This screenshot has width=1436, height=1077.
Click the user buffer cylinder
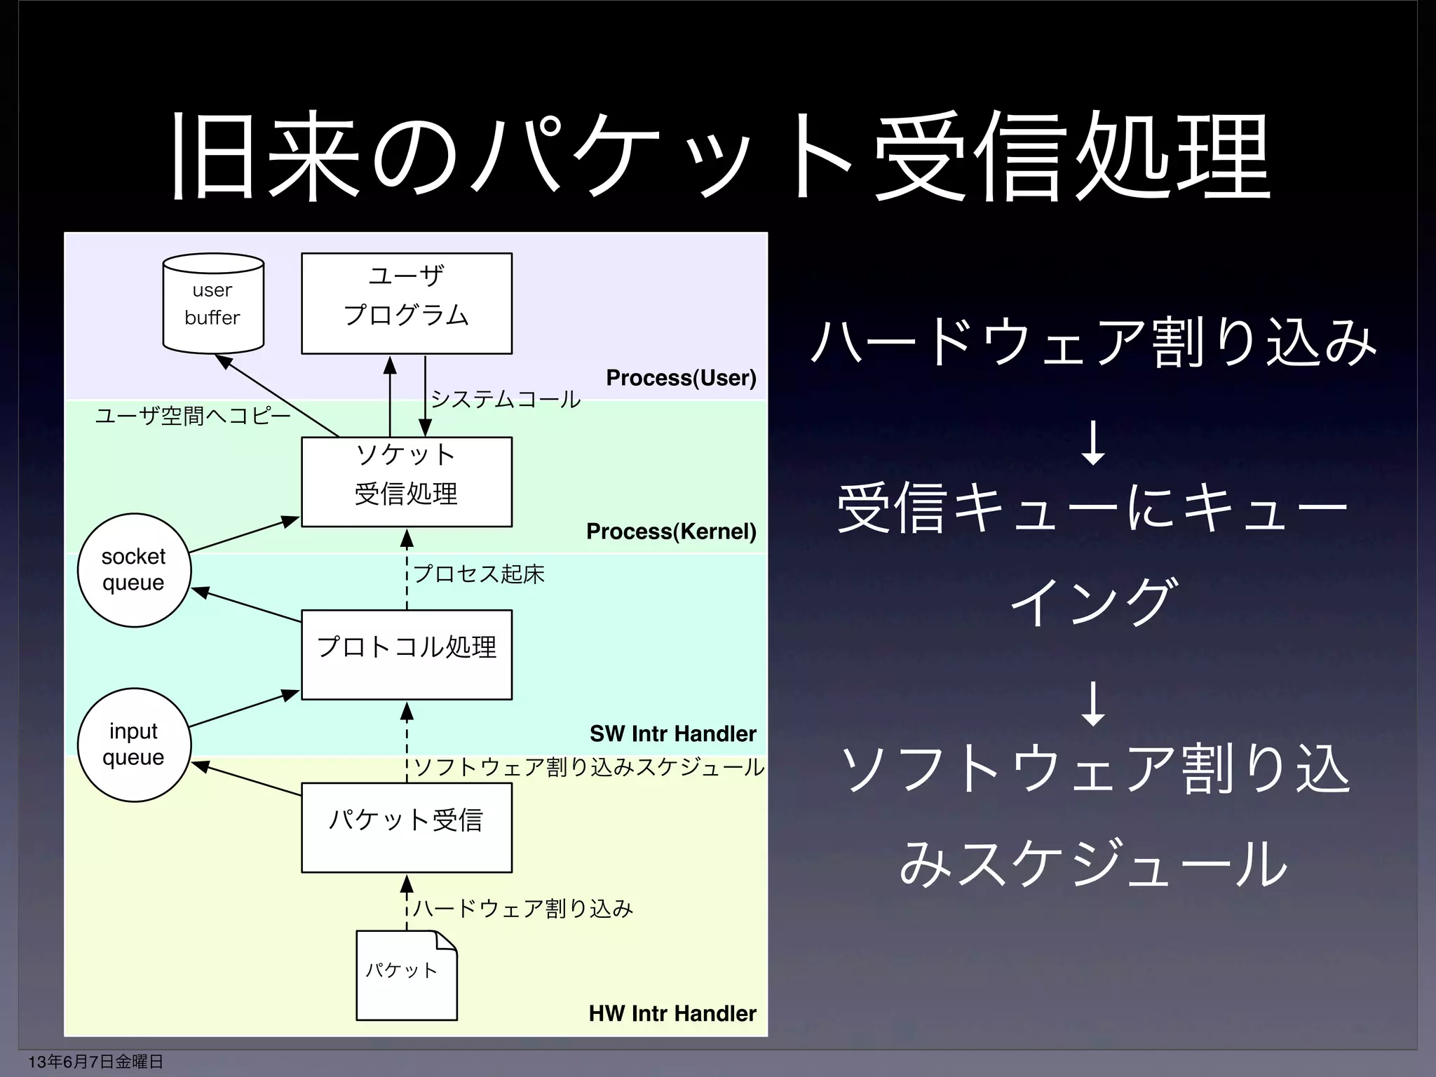[213, 304]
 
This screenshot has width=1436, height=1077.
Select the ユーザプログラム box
[407, 304]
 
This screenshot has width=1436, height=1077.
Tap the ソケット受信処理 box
[407, 482]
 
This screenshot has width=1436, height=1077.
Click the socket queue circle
[133, 569]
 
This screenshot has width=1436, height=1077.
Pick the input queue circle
[133, 744]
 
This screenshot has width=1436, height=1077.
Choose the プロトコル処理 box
[407, 654]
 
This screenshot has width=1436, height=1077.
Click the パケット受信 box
[407, 827]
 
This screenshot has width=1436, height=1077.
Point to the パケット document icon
[406, 975]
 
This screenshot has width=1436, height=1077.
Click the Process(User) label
[681, 378]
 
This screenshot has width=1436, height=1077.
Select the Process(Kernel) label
[671, 531]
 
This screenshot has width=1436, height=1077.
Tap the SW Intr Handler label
[672, 733]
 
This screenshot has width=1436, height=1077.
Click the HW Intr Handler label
[672, 1013]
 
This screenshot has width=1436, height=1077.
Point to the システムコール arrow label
[506, 399]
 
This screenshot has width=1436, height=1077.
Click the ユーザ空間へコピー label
[193, 416]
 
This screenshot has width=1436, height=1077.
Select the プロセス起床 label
[479, 574]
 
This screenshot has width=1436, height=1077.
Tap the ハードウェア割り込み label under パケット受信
[523, 909]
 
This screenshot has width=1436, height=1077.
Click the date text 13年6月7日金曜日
[95, 1062]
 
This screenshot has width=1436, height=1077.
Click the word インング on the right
[1092, 602]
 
